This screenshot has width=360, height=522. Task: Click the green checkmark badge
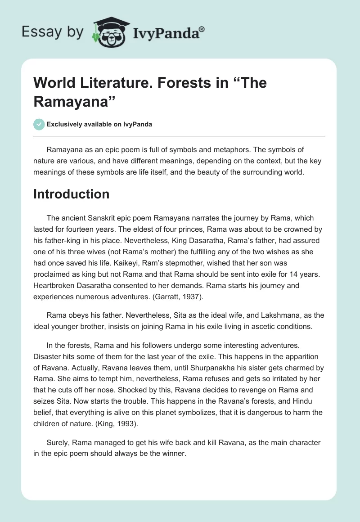39,124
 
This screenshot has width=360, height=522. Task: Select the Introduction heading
72,194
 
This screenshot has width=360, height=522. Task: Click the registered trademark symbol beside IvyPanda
202,29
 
